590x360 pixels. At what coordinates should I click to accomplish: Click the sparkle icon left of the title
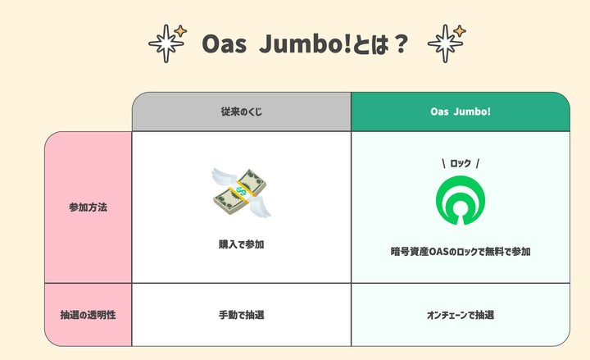point(167,43)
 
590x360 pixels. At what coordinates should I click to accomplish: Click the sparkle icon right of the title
point(446,43)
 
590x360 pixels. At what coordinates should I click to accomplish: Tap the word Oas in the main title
point(222,43)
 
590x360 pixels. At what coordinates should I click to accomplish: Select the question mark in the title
point(400,43)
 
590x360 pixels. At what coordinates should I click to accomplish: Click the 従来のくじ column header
point(241,112)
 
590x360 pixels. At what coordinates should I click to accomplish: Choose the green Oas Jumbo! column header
point(460,112)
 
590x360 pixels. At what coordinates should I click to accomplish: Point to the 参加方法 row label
point(88,207)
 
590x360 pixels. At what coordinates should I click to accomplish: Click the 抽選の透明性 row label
point(88,314)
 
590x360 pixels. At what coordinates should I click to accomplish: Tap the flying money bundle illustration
point(241,193)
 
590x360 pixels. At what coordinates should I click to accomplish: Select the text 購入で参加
point(241,244)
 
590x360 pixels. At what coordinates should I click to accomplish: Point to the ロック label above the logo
point(461,163)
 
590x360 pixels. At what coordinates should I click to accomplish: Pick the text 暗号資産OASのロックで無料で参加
point(460,252)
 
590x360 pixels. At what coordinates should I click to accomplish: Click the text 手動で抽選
point(241,314)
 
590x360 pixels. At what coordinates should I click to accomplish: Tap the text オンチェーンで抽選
point(460,314)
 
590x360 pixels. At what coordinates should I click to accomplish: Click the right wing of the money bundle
point(261,209)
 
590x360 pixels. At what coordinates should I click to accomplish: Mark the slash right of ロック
point(478,163)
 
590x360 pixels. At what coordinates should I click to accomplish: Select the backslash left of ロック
point(443,163)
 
